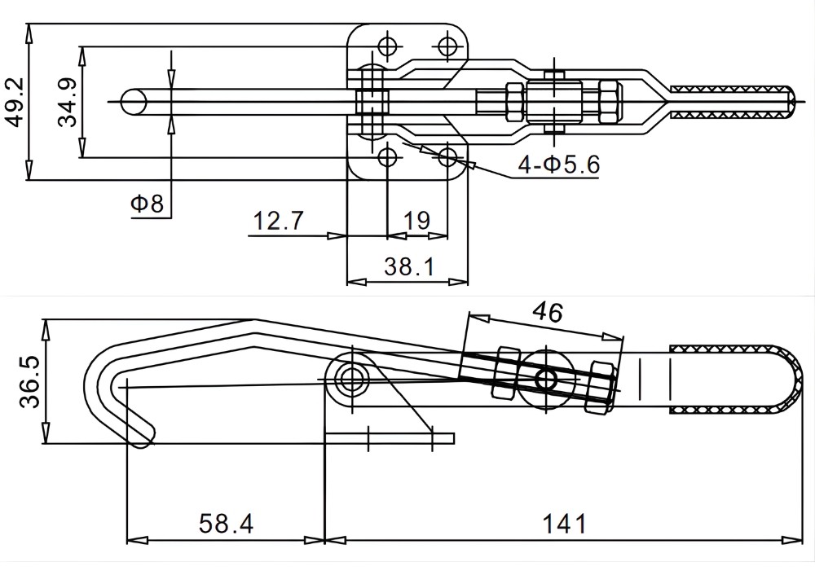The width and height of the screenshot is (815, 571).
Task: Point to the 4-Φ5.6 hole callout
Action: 558,165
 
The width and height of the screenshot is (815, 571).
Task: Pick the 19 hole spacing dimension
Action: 416,221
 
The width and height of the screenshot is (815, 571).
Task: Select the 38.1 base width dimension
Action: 407,266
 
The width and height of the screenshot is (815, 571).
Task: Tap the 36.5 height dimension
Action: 29,384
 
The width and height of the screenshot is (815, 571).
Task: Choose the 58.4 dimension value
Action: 226,524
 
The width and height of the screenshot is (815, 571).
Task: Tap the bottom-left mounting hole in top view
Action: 388,155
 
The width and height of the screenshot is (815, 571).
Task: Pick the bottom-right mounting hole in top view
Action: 447,155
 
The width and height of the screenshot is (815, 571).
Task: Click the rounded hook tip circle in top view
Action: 133,101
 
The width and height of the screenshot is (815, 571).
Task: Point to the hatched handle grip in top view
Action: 730,100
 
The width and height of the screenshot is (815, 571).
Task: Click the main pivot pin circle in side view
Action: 352,378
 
